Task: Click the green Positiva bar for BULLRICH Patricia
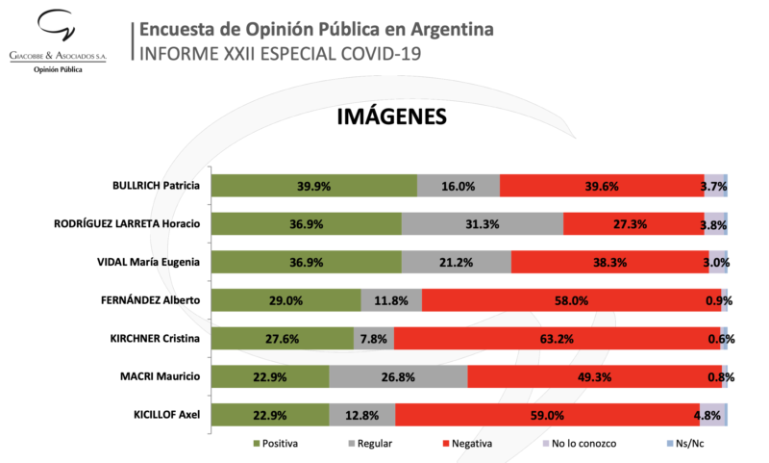314,186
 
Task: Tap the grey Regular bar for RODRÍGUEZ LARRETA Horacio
482,224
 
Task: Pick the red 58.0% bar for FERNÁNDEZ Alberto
571,300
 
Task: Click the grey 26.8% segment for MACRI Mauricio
398,376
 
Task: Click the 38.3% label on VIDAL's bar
609,262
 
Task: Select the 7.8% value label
374,339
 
